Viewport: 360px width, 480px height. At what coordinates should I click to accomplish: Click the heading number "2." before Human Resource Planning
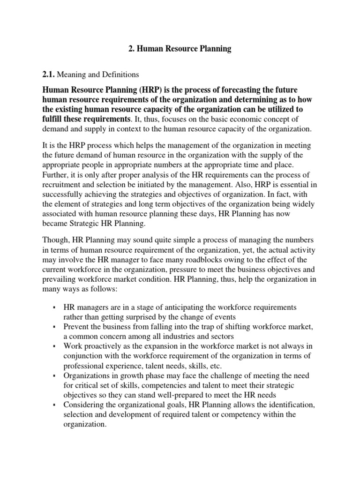[x=132, y=49]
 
